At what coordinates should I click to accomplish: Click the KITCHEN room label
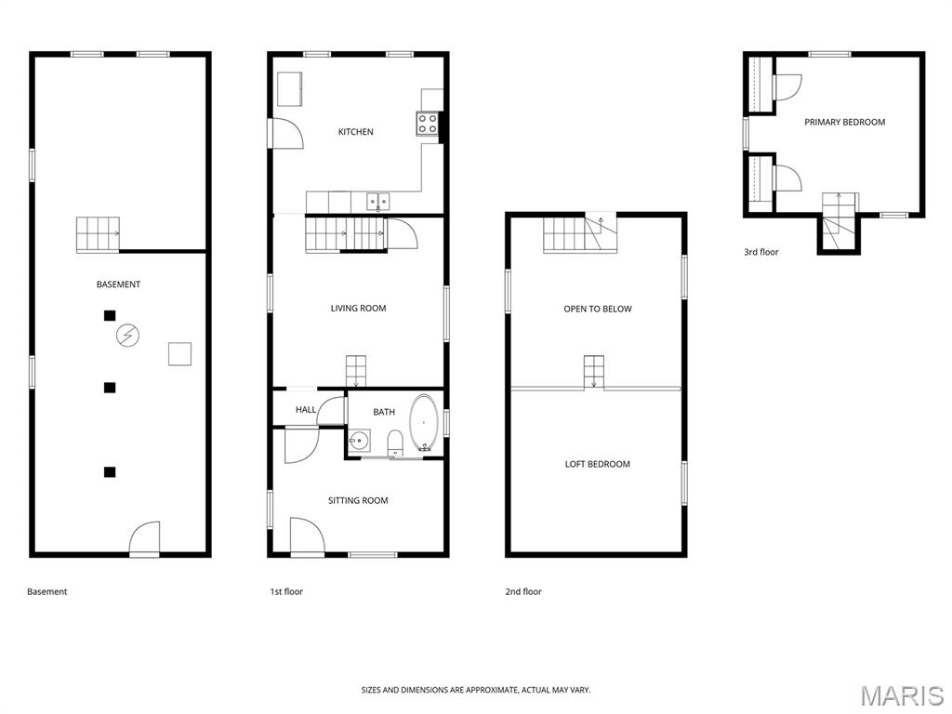355,132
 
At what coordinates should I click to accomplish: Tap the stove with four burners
427,124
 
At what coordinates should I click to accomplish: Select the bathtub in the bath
424,424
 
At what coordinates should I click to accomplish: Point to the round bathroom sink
359,442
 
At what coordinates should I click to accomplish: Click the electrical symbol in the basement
126,335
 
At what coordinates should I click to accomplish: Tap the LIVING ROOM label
358,309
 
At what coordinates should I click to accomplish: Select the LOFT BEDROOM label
597,464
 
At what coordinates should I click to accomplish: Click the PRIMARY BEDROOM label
844,122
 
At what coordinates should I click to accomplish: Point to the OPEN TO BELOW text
597,309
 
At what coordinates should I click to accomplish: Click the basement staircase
98,234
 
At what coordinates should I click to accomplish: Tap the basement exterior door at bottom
144,539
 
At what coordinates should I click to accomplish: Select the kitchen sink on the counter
377,201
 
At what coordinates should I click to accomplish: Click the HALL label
306,410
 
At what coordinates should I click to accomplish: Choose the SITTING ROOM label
358,501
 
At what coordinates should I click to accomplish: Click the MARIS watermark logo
901,694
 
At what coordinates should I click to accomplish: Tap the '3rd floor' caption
760,252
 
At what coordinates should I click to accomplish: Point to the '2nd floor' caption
522,591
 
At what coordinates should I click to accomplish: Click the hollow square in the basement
179,354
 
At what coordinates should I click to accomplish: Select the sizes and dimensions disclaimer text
475,690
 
